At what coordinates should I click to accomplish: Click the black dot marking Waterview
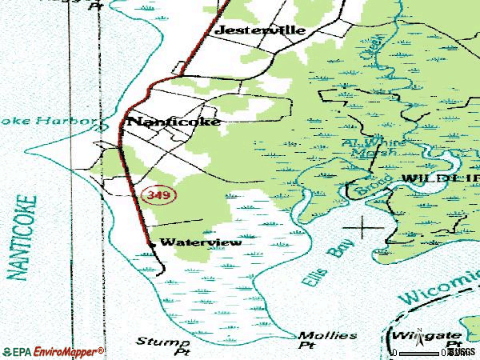point(151,242)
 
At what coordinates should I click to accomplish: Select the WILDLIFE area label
point(439,178)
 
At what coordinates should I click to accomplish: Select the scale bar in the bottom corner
point(421,352)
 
